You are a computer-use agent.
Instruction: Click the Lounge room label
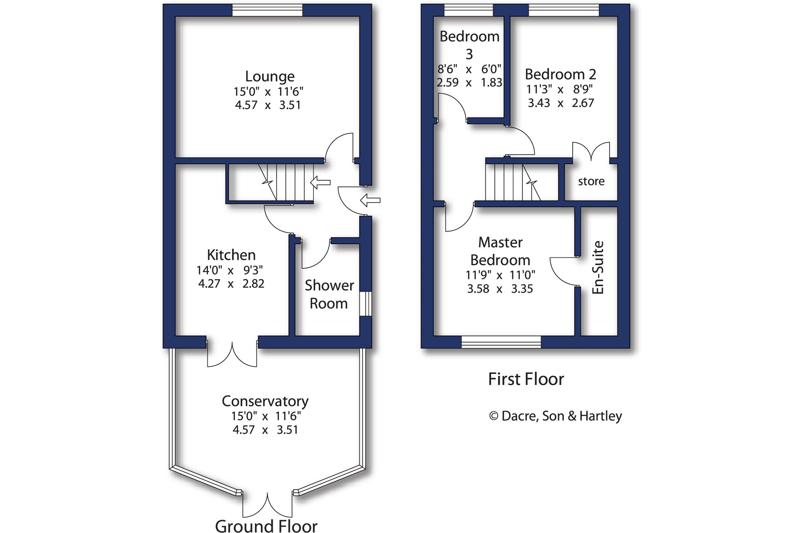[x=269, y=76]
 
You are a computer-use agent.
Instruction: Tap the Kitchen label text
[x=231, y=255]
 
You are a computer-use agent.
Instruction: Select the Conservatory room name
[x=265, y=401]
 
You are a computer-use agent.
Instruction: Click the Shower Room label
[x=329, y=294]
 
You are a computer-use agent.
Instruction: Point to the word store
[x=591, y=181]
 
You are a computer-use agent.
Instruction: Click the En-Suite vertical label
[x=598, y=267]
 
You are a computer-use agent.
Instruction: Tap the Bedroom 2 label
[x=560, y=74]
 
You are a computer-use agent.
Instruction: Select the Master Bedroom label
[x=500, y=251]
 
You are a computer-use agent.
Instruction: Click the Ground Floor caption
[x=266, y=525]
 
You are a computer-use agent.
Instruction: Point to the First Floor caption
[x=526, y=379]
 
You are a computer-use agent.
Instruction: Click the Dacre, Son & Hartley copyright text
[x=555, y=416]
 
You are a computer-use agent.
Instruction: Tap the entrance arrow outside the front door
[x=370, y=200]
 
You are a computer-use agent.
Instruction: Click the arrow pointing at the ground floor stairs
[x=320, y=182]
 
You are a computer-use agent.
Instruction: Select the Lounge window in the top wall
[x=267, y=10]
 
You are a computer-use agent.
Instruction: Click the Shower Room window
[x=366, y=304]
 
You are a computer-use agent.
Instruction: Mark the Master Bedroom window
[x=501, y=342]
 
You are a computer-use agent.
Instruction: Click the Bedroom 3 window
[x=468, y=10]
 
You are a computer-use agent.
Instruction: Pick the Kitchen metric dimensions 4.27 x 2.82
[x=231, y=284]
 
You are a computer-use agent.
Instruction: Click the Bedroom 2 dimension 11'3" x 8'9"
[x=559, y=89]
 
